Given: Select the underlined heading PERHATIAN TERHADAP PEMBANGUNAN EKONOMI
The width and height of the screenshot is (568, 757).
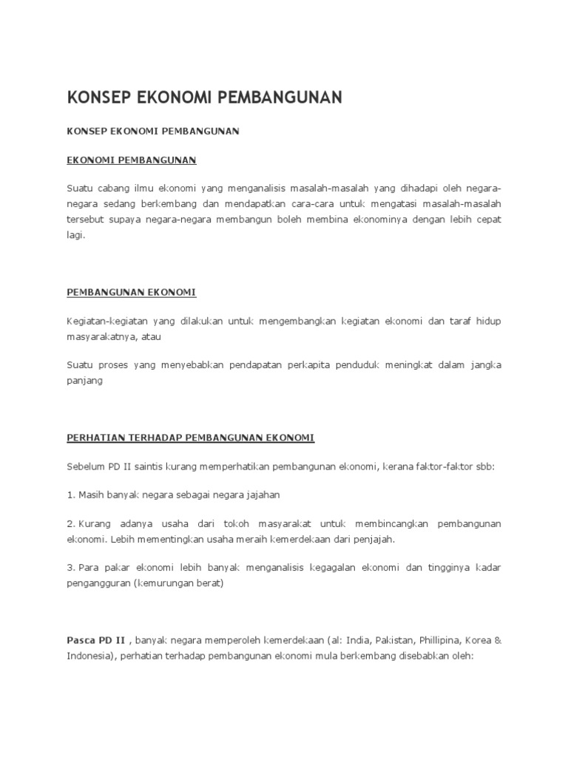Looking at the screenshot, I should (x=191, y=438).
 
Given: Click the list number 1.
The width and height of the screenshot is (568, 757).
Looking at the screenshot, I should (x=70, y=495).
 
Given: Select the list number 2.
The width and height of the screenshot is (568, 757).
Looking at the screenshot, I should (x=70, y=523).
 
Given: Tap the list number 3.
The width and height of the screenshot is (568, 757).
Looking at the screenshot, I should (x=70, y=566).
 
